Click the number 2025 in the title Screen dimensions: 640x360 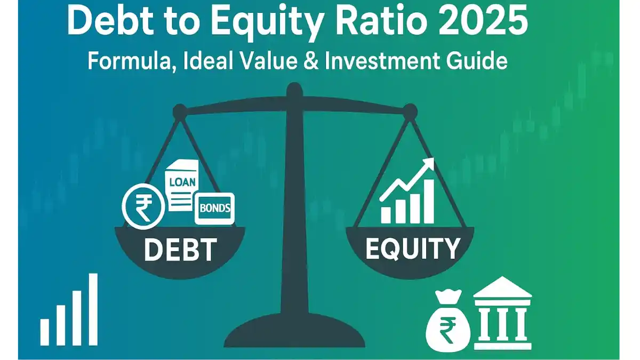coord(483,20)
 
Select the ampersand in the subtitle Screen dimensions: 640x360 coord(310,61)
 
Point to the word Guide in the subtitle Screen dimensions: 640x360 coord(477,61)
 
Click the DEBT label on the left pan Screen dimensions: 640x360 coord(180,250)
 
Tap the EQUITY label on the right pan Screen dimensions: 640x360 coord(413,249)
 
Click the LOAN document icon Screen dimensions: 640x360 coord(182,185)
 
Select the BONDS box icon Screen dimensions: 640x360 coord(214,209)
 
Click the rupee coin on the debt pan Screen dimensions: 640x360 coord(143,206)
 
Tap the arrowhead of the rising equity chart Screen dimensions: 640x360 coord(428,164)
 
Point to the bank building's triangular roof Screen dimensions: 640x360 coord(502,287)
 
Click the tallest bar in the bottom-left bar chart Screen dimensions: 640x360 coord(93,309)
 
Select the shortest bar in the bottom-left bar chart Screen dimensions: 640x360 coord(45,332)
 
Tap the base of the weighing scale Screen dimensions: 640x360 coord(294,333)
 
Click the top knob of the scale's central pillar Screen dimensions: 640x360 coord(294,90)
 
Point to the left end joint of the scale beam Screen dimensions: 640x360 coord(180,111)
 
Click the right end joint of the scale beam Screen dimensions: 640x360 coord(410,111)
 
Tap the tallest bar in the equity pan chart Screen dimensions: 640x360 coord(429,201)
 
